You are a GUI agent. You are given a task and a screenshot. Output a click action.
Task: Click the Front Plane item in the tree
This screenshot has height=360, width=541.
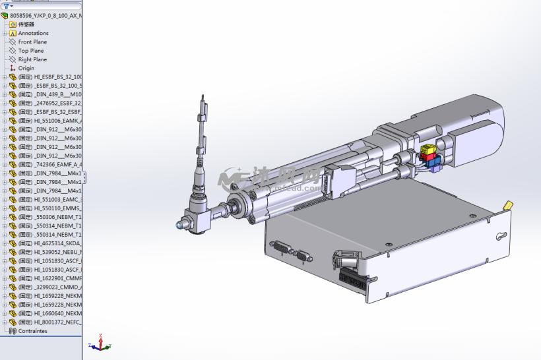[x=32, y=42]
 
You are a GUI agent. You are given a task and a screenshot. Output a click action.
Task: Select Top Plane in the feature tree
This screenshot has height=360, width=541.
[x=31, y=50]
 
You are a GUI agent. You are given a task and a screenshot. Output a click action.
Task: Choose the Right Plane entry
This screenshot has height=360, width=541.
[x=32, y=59]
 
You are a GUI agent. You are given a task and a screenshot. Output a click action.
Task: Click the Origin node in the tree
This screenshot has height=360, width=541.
[x=26, y=68]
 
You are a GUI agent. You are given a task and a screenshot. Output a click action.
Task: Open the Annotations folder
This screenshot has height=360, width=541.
[x=33, y=33]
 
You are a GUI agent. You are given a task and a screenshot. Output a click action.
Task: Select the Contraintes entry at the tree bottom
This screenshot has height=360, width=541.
[x=32, y=331]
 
